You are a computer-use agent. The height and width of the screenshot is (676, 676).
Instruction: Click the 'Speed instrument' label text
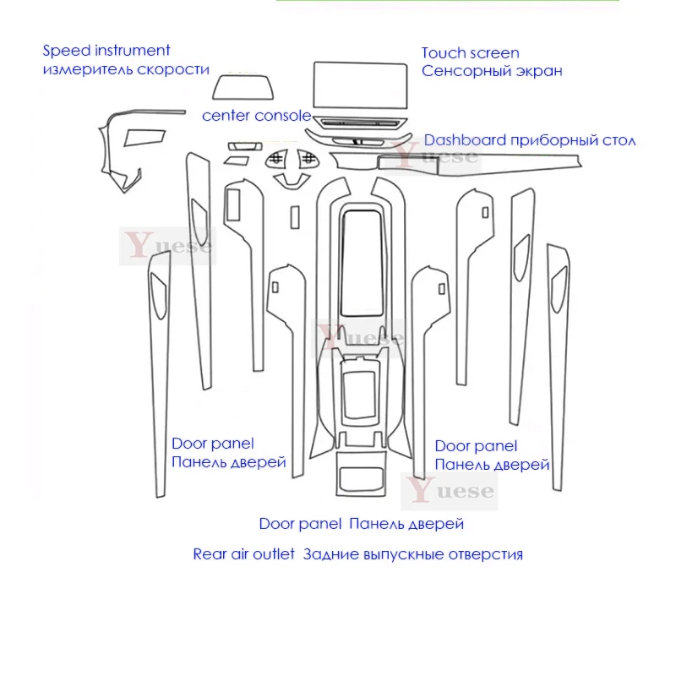coord(106,52)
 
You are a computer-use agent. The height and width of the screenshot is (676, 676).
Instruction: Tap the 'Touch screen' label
coord(471,53)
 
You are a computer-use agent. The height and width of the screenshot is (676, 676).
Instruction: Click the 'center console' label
coord(256,116)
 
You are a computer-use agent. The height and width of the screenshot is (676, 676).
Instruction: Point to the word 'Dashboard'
coord(465,140)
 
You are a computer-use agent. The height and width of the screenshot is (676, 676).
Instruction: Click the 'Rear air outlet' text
coord(244,554)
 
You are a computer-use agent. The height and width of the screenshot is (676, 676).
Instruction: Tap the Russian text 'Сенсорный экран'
coord(493,71)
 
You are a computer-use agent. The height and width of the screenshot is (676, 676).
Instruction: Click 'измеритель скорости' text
coord(126,69)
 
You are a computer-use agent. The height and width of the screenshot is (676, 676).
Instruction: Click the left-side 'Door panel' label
coord(212,443)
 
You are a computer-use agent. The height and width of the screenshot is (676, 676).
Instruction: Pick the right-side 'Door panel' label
coord(475,445)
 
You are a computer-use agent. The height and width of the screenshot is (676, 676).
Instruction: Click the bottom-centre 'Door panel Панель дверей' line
coord(362,524)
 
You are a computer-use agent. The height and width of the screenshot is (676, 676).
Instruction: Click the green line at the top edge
coord(448,3)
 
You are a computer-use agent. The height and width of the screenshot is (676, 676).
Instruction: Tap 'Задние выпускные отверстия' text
coord(412,554)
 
